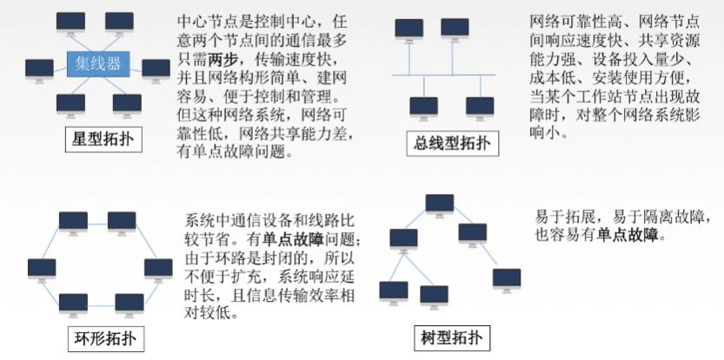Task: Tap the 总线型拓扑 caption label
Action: pos(452,143)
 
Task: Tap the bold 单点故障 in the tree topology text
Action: pos(630,235)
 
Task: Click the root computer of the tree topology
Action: pos(439,205)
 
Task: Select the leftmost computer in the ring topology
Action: pos(41,269)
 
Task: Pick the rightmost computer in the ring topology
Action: pos(157,269)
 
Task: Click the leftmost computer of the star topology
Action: pos(39,70)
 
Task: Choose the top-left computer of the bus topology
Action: pos(409,30)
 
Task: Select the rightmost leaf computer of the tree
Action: pos(506,279)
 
